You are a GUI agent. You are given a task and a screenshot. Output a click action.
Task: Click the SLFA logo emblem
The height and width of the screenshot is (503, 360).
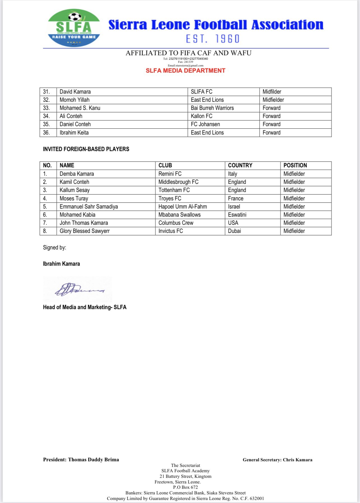click(x=74, y=28)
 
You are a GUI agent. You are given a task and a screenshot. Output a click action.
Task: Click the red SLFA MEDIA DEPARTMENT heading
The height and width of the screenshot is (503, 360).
click(x=185, y=71)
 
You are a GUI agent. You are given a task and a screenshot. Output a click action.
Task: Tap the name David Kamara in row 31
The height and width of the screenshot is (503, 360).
click(x=75, y=92)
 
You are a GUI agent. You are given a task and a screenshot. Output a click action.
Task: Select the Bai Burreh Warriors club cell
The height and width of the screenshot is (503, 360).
click(x=212, y=108)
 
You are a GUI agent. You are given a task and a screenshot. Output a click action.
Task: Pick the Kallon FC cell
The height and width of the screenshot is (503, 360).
click(x=202, y=116)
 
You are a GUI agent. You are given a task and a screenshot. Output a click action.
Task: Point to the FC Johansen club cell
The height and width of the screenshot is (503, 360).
click(x=205, y=124)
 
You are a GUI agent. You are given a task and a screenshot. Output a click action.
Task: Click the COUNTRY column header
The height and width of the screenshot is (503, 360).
click(x=240, y=165)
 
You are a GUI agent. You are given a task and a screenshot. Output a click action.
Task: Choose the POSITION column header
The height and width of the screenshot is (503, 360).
click(x=295, y=165)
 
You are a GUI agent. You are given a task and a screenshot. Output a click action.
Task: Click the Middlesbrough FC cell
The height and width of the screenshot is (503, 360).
click(x=178, y=182)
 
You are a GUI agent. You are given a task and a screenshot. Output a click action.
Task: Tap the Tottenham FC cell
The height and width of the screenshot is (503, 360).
click(x=174, y=190)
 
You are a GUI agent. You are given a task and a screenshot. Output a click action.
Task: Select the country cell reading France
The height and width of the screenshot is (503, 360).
click(x=236, y=198)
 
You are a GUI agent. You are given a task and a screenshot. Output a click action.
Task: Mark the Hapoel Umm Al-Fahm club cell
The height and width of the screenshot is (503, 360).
click(x=183, y=207)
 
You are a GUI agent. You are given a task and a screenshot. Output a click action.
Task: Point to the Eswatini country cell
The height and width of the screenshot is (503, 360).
click(x=237, y=215)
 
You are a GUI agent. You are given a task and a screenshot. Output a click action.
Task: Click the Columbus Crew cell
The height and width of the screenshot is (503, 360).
click(x=176, y=223)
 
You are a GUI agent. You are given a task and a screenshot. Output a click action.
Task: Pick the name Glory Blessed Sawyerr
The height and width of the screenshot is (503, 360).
click(x=84, y=231)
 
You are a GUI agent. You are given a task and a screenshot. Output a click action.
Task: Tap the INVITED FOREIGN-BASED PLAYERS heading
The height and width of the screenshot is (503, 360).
click(x=86, y=149)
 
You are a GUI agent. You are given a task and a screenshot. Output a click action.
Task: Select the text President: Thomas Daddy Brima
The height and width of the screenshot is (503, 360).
click(x=81, y=460)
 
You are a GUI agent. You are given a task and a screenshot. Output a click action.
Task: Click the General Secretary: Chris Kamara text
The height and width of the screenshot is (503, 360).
click(x=277, y=460)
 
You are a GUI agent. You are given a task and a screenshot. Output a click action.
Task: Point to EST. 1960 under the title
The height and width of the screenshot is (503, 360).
click(x=213, y=39)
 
